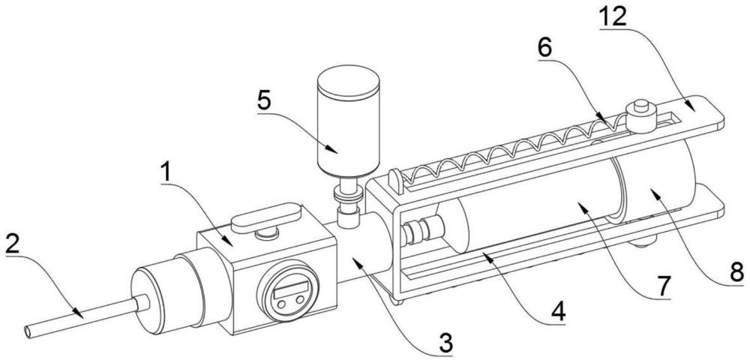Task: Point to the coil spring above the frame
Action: (x=510, y=145)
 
